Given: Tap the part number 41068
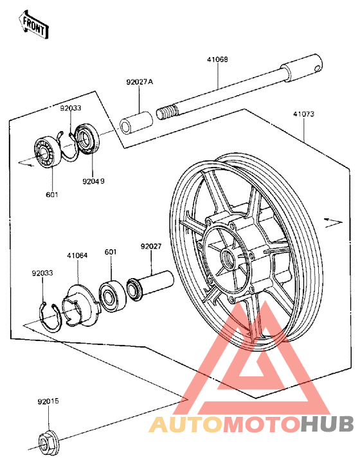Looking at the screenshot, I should click(x=217, y=59).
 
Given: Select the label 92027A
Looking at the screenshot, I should click(x=139, y=82).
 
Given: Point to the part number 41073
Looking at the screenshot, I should click(x=303, y=114).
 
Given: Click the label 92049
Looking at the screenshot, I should click(x=93, y=180).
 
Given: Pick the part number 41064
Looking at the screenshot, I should click(x=77, y=254).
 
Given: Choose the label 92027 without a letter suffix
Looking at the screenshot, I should click(x=151, y=245).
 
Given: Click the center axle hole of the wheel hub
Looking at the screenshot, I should click(x=228, y=260).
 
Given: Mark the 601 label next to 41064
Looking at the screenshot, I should click(x=111, y=252).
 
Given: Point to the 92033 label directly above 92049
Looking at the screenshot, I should click(x=71, y=109).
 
